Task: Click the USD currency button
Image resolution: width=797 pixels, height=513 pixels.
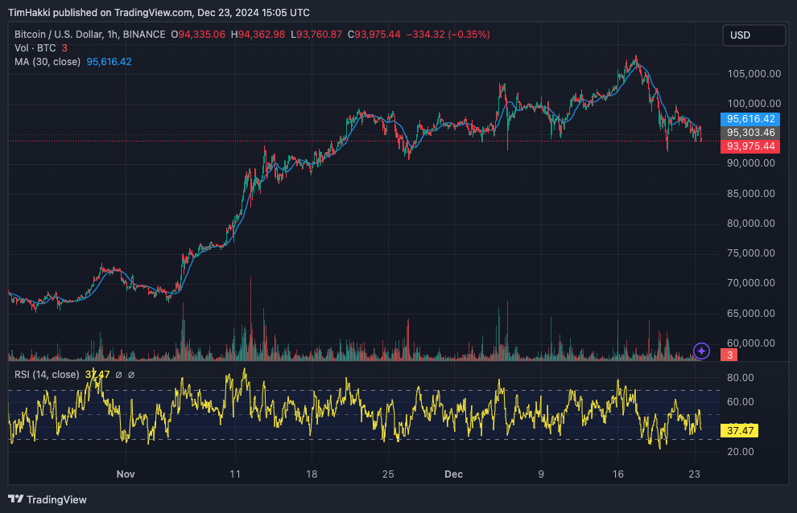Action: (x=754, y=35)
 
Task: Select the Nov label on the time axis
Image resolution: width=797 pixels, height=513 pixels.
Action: (x=125, y=474)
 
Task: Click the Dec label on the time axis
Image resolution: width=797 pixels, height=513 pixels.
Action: (x=453, y=474)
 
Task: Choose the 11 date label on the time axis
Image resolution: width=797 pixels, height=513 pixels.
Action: (x=235, y=474)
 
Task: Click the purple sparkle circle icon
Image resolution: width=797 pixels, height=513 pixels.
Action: (x=702, y=351)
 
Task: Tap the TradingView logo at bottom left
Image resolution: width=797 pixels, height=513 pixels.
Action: (x=47, y=499)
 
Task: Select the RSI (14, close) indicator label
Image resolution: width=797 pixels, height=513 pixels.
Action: (x=47, y=375)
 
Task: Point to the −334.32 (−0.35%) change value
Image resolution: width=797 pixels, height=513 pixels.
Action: (x=447, y=35)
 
